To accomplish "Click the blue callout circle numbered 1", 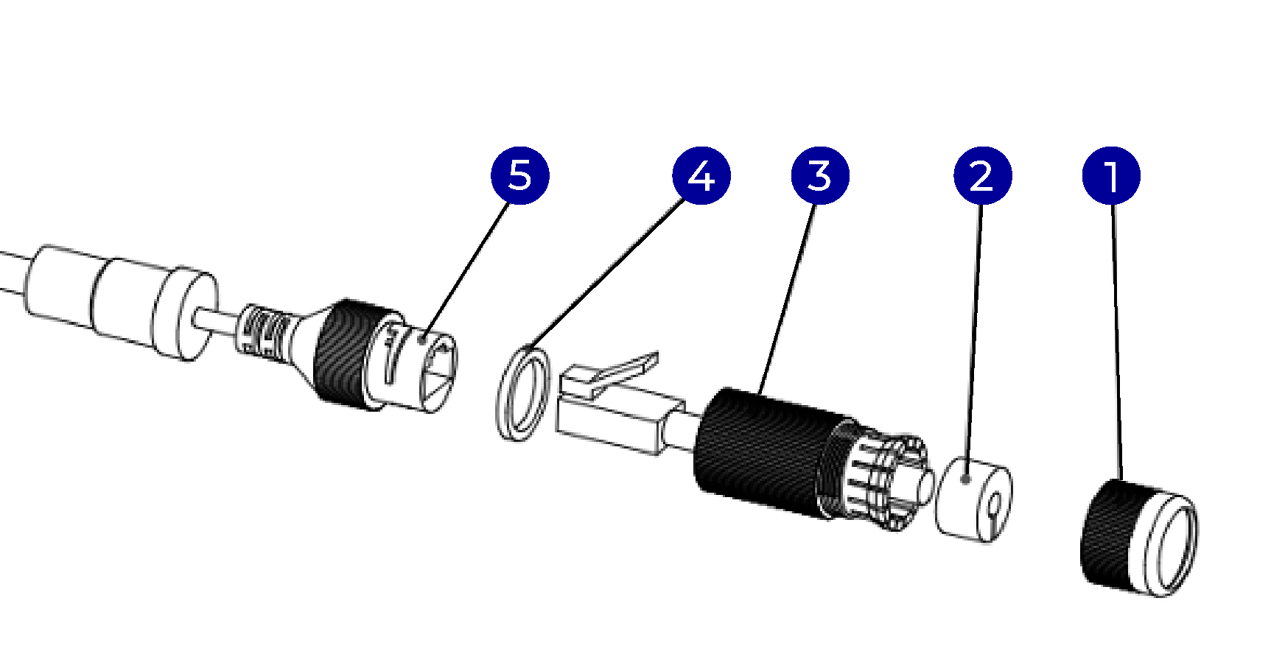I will pyautogui.click(x=1111, y=176).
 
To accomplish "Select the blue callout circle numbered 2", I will pyautogui.click(x=982, y=176).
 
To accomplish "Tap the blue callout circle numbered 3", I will pyautogui.click(x=820, y=176).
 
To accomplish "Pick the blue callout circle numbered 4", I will pyautogui.click(x=701, y=176).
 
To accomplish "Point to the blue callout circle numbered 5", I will pyautogui.click(x=519, y=176).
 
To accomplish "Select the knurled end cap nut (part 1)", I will pyautogui.click(x=1113, y=534).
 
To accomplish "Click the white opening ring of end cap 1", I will pyautogui.click(x=1176, y=549).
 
